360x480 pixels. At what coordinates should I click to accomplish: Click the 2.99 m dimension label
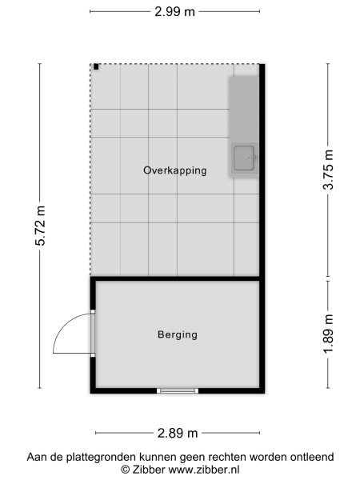point(174,11)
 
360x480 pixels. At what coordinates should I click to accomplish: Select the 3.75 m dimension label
point(327,171)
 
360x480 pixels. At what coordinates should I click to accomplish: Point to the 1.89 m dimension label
point(327,334)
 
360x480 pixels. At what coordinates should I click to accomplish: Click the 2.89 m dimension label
point(178,433)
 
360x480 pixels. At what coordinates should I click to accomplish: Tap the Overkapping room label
point(175,170)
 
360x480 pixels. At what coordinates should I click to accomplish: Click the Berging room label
point(177,335)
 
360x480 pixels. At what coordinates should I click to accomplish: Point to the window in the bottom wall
point(177,390)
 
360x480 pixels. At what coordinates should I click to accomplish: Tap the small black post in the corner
point(96,67)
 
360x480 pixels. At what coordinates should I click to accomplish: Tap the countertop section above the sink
point(244,107)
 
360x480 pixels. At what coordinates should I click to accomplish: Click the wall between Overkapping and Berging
point(176,278)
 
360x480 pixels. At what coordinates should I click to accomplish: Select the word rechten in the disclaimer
point(229,457)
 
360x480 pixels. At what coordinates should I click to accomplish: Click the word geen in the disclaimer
point(194,457)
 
